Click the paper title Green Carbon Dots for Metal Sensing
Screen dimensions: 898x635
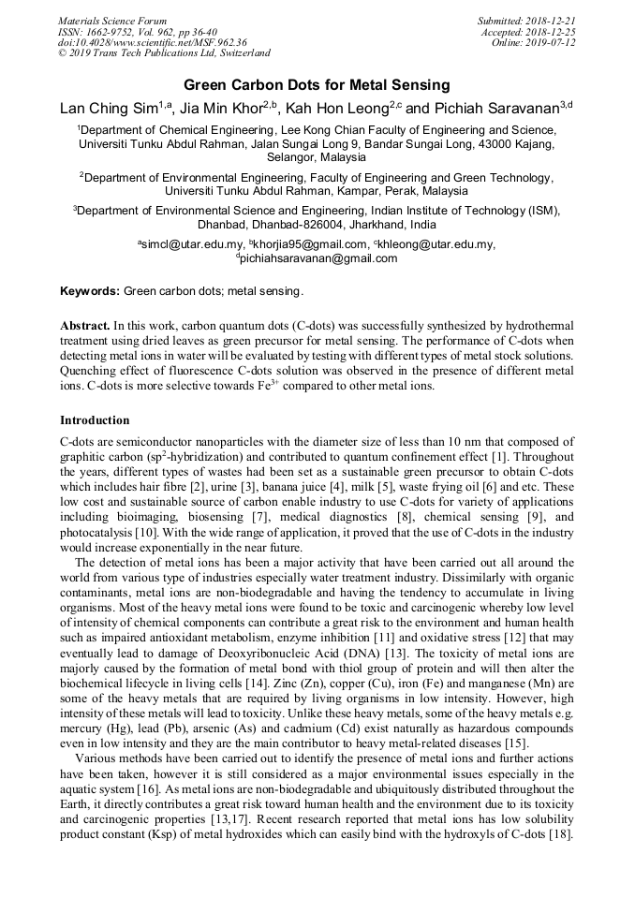coord(317,85)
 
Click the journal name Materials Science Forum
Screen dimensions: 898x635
coord(112,21)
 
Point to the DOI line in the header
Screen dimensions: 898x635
coord(153,42)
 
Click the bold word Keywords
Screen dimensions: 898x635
coord(89,291)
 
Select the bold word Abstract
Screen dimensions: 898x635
coord(85,326)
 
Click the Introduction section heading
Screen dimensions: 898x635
coord(95,420)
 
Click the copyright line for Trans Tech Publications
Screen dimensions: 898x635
coord(164,53)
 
